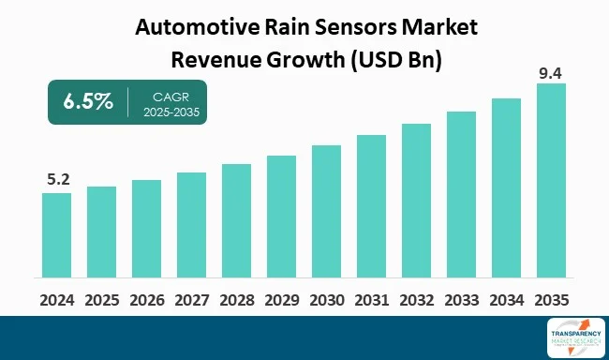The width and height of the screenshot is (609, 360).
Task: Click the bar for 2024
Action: coord(56,235)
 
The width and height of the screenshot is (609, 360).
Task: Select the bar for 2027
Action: coord(191,225)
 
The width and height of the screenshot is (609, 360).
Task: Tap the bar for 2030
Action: coord(326,212)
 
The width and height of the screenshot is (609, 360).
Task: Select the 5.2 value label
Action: coord(56,178)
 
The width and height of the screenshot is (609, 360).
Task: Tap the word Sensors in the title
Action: coord(359,27)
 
